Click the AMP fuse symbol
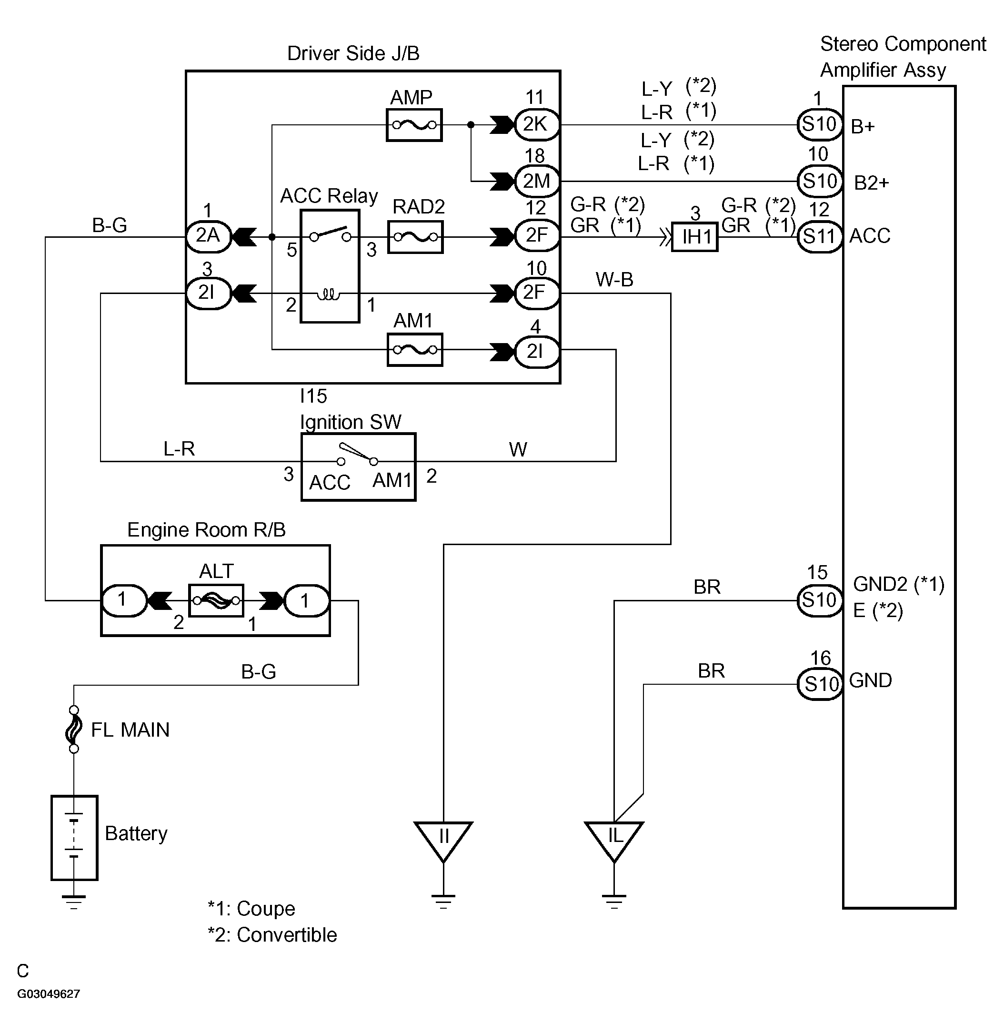[414, 125]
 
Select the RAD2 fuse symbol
[415, 237]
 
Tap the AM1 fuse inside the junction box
[415, 350]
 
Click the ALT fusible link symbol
[216, 600]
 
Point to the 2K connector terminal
[536, 124]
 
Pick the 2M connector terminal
[536, 181]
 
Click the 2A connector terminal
[208, 236]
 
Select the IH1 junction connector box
[694, 237]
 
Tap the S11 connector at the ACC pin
[819, 237]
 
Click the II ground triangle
[443, 839]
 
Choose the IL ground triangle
[614, 839]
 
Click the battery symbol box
[74, 838]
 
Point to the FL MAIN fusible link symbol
[74, 730]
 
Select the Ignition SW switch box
[358, 467]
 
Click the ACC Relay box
[330, 266]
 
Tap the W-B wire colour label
[614, 279]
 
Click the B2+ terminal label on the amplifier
[872, 183]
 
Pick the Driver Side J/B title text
[353, 53]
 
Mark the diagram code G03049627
[49, 994]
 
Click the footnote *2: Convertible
[272, 935]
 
